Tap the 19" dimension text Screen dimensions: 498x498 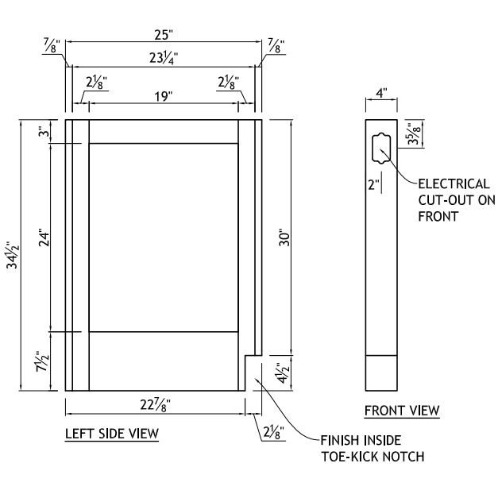163,96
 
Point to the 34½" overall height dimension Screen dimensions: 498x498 14,256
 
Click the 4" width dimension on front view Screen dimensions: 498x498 381,93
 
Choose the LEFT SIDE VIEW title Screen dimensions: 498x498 111,433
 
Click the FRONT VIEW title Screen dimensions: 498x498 402,411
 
